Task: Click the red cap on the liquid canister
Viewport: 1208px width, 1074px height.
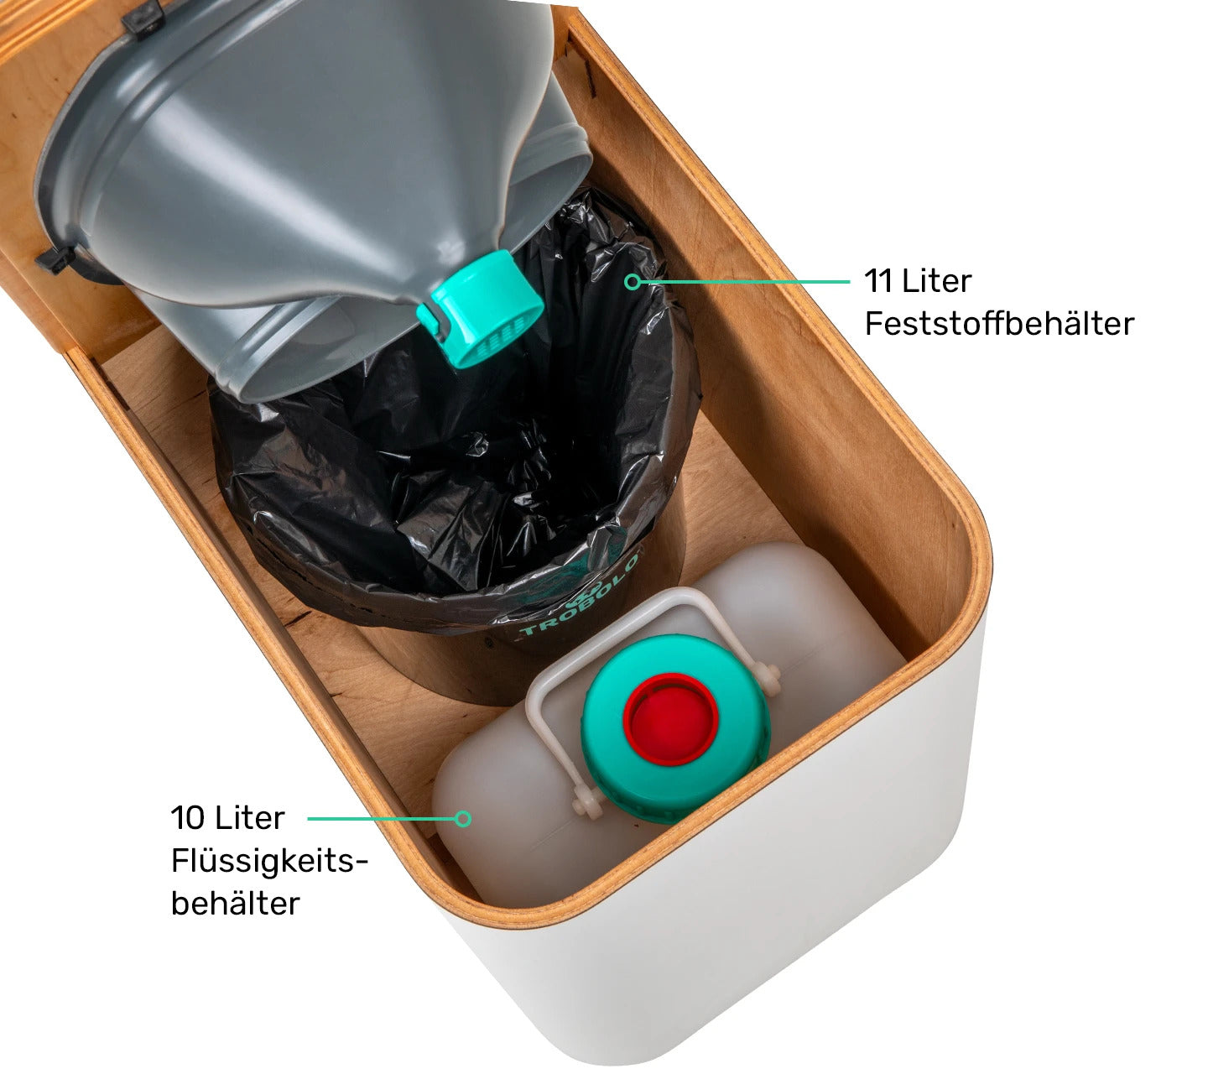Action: click(670, 719)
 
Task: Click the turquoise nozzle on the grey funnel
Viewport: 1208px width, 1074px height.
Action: click(481, 308)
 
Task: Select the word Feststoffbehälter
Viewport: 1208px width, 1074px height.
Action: click(999, 324)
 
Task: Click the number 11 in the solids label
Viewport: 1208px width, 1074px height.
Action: click(877, 281)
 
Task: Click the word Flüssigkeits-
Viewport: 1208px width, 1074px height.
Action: click(269, 861)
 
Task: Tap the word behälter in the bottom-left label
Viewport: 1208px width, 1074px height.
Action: click(235, 904)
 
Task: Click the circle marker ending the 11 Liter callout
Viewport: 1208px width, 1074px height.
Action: click(632, 282)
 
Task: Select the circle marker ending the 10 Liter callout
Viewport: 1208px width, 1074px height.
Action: click(463, 819)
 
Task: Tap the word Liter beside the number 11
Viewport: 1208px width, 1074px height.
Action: click(937, 281)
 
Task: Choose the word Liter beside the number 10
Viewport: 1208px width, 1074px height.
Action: click(249, 817)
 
